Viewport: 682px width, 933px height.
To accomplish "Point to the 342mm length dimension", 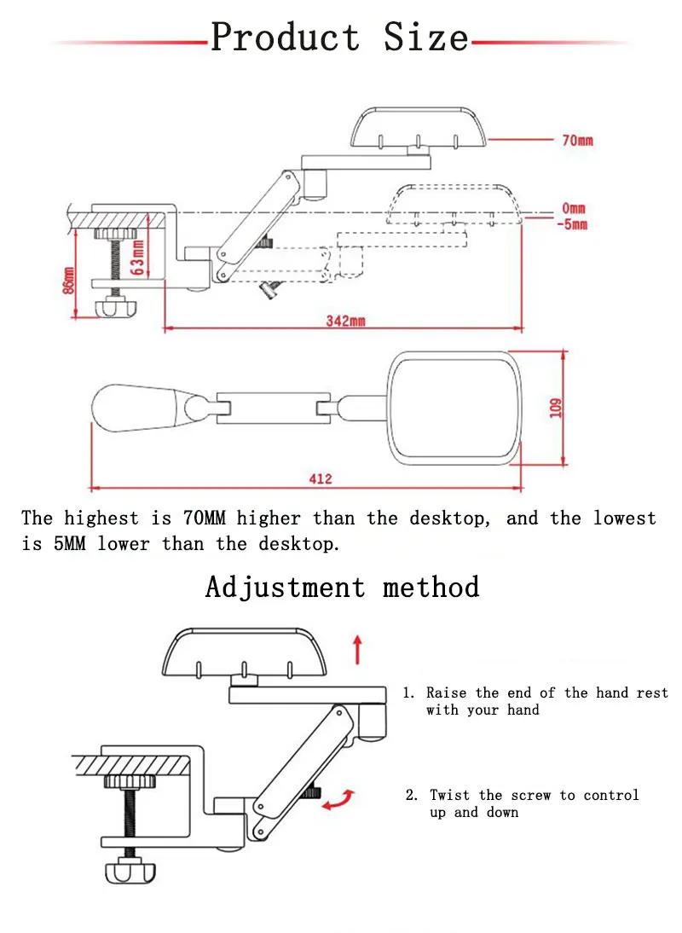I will pyautogui.click(x=345, y=322).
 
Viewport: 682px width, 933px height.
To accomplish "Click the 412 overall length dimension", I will pyautogui.click(x=321, y=478).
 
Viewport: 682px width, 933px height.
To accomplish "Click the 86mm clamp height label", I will pyautogui.click(x=69, y=279).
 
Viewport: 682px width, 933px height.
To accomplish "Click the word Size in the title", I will pyautogui.click(x=425, y=38).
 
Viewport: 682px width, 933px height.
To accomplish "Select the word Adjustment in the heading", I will pyautogui.click(x=285, y=587).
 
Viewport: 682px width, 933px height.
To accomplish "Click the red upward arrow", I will pyautogui.click(x=358, y=650).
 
